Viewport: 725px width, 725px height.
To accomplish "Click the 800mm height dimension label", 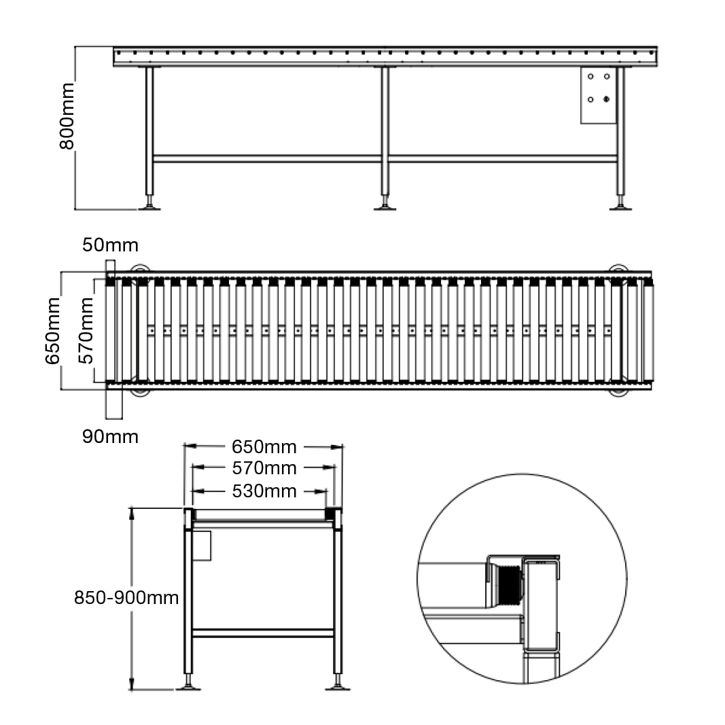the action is click(x=67, y=116).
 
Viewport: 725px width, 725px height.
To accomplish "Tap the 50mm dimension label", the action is click(x=110, y=245).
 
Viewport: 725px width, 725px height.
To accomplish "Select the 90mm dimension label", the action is click(x=110, y=436).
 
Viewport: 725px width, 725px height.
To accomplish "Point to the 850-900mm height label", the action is click(x=126, y=597).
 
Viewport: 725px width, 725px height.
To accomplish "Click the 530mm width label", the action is click(x=264, y=491).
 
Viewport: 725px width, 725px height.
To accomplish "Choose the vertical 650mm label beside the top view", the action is click(x=52, y=331).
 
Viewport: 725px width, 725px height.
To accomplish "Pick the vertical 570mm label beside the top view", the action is click(x=86, y=331).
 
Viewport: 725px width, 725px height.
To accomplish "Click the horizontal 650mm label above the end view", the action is click(x=264, y=447).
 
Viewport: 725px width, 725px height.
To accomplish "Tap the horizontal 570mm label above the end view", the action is click(x=264, y=468).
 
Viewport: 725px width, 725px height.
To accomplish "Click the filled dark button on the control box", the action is click(x=607, y=99).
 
